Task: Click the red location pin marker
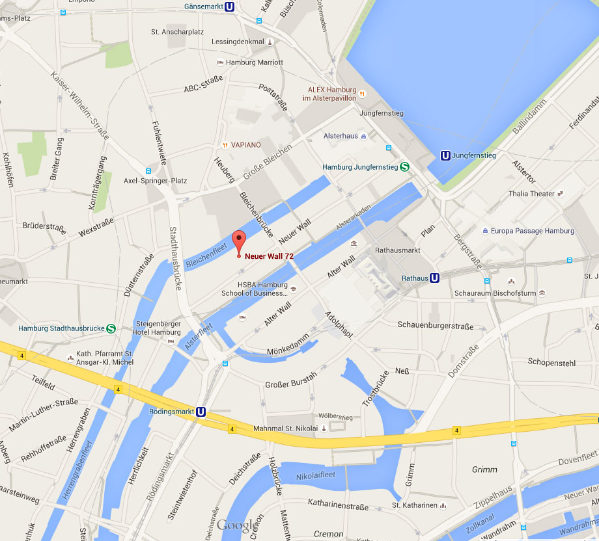pyautogui.click(x=239, y=241)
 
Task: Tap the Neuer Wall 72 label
pyautogui.click(x=269, y=256)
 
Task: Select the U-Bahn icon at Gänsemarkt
pyautogui.click(x=230, y=7)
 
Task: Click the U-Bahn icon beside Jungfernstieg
pyautogui.click(x=445, y=155)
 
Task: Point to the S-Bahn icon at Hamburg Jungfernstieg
pyautogui.click(x=404, y=167)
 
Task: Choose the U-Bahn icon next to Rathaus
pyautogui.click(x=435, y=278)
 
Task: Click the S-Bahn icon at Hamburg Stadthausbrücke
pyautogui.click(x=111, y=328)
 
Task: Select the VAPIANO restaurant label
pyautogui.click(x=246, y=145)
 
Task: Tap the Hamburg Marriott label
pyautogui.click(x=254, y=62)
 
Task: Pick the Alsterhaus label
pyautogui.click(x=341, y=136)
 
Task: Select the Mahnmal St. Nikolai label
pyautogui.click(x=286, y=429)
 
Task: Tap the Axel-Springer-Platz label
pyautogui.click(x=156, y=180)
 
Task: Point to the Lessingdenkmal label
pyautogui.click(x=238, y=42)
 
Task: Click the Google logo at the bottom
pyautogui.click(x=237, y=525)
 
